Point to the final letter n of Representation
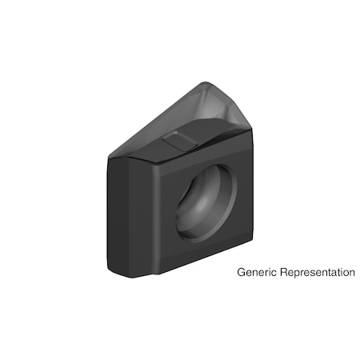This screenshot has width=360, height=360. pyautogui.click(x=351, y=273)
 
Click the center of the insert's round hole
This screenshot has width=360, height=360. pyautogui.click(x=206, y=202)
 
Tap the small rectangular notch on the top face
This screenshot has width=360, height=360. pyautogui.click(x=178, y=142)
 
